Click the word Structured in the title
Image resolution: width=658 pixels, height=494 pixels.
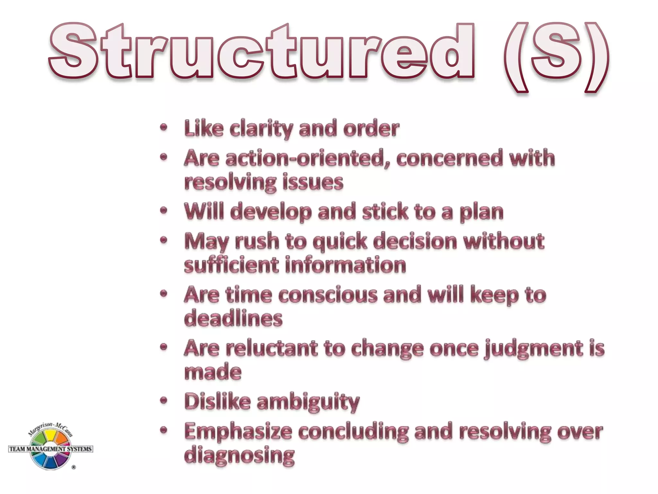262,51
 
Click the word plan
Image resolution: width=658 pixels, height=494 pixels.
481,213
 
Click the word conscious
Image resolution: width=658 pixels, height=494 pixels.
328,295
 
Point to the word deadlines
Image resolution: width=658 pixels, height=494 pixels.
233,318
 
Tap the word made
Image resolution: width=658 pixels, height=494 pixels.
213,372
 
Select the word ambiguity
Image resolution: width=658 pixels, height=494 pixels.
308,402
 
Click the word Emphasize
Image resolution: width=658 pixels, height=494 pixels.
238,432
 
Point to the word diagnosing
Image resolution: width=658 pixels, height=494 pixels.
239,455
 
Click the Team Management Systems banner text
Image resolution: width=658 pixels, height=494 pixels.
51,449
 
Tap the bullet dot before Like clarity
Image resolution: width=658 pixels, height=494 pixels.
164,127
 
